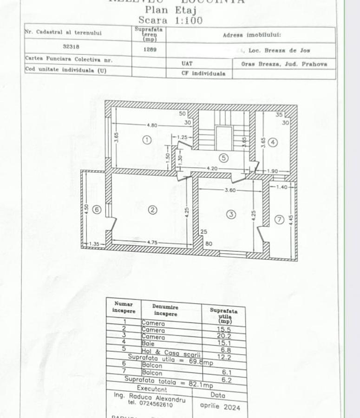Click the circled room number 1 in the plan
147,139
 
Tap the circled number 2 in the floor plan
152,210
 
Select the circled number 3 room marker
231,214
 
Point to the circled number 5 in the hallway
223,158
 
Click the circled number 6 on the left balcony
97,209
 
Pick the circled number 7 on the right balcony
279,220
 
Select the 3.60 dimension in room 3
230,190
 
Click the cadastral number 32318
71,46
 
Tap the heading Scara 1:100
170,20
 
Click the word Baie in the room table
148,344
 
